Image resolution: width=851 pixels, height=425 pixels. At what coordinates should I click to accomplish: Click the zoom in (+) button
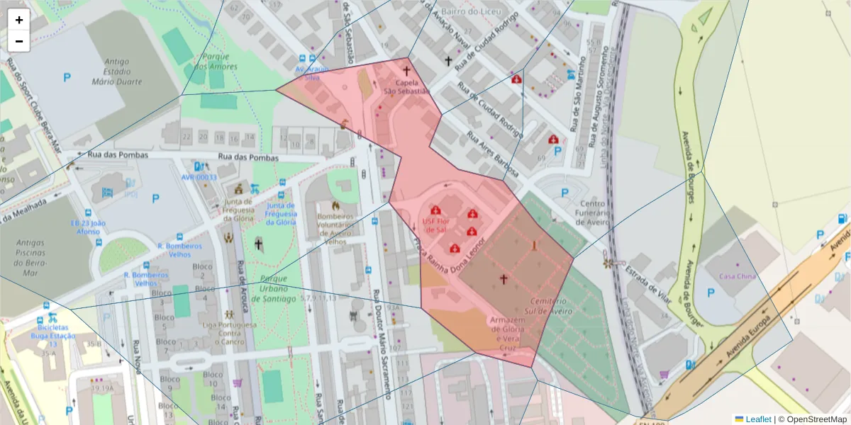pos(19,20)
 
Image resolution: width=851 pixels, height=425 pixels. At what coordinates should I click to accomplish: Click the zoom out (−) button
pos(19,41)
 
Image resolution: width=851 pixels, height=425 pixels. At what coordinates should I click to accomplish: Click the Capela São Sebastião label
pos(406,86)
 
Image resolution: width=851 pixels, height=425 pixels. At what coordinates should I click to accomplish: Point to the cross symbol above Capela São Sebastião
pos(406,71)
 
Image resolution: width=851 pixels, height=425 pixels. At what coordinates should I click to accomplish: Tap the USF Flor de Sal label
pos(435,225)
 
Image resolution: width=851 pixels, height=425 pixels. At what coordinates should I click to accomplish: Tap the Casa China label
pos(738,276)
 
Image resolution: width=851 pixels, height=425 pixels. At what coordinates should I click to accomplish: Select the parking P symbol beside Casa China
pos(710,293)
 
